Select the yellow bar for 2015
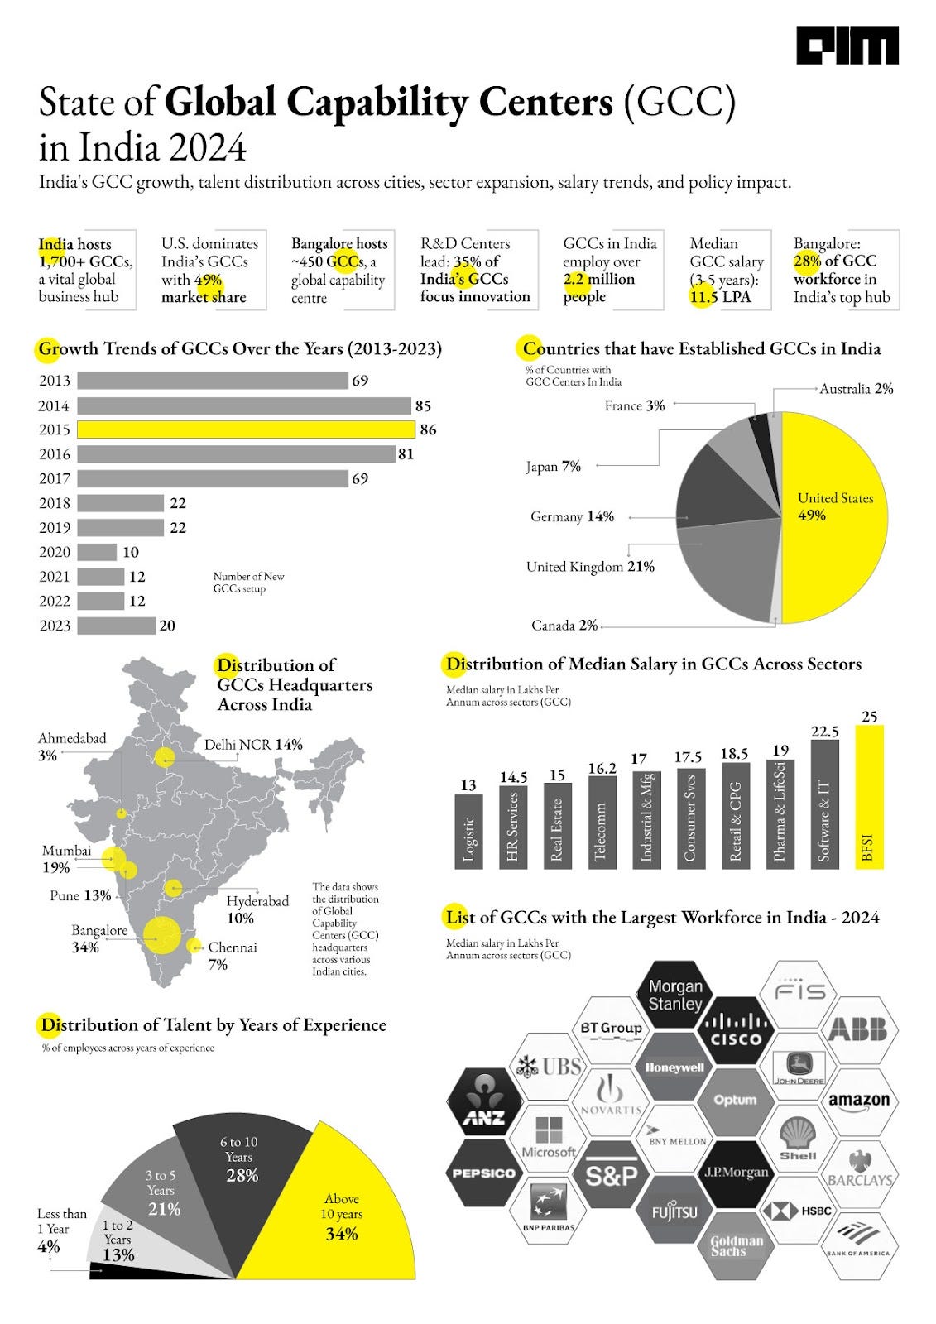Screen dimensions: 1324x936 coord(246,429)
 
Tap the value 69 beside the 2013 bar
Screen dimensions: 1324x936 coord(360,381)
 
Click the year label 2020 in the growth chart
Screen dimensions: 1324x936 coord(55,552)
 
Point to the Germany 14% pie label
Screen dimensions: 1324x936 coord(572,517)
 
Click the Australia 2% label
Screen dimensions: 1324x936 coord(856,389)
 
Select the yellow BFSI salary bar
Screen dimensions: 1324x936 coord(869,796)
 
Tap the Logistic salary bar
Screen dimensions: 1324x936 coord(468,831)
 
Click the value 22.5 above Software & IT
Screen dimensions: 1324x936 coord(824,732)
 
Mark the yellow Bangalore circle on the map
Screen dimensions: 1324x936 coord(161,935)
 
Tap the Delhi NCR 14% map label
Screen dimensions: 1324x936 coord(253,745)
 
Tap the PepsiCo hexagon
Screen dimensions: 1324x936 coord(484,1173)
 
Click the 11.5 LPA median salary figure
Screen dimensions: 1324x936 coord(721,297)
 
